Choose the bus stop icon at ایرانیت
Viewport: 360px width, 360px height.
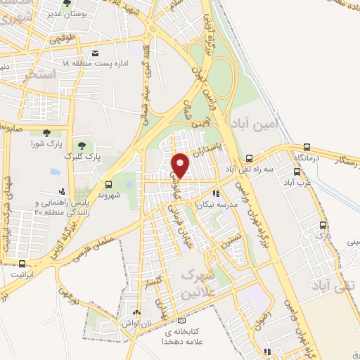[22, 264]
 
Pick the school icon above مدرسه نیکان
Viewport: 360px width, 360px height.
[217, 192]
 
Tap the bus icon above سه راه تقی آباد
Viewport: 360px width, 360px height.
[250, 158]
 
